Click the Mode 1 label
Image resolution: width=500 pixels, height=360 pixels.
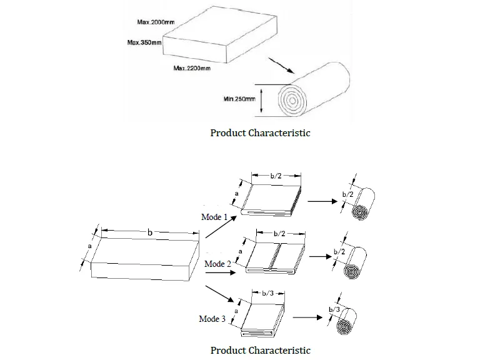click(x=214, y=217)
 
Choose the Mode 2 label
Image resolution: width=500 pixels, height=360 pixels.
click(x=217, y=264)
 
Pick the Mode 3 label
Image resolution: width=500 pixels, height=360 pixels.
click(x=212, y=319)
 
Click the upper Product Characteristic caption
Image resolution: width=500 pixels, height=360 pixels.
click(x=260, y=132)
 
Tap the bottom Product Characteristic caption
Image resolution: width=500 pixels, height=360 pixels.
click(x=260, y=350)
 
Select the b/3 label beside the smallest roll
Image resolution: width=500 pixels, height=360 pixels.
click(x=334, y=310)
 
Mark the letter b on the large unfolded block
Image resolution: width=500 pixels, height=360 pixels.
click(x=150, y=232)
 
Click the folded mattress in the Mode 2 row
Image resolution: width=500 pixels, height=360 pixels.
click(x=276, y=257)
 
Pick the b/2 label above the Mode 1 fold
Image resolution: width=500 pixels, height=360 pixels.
click(x=276, y=177)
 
